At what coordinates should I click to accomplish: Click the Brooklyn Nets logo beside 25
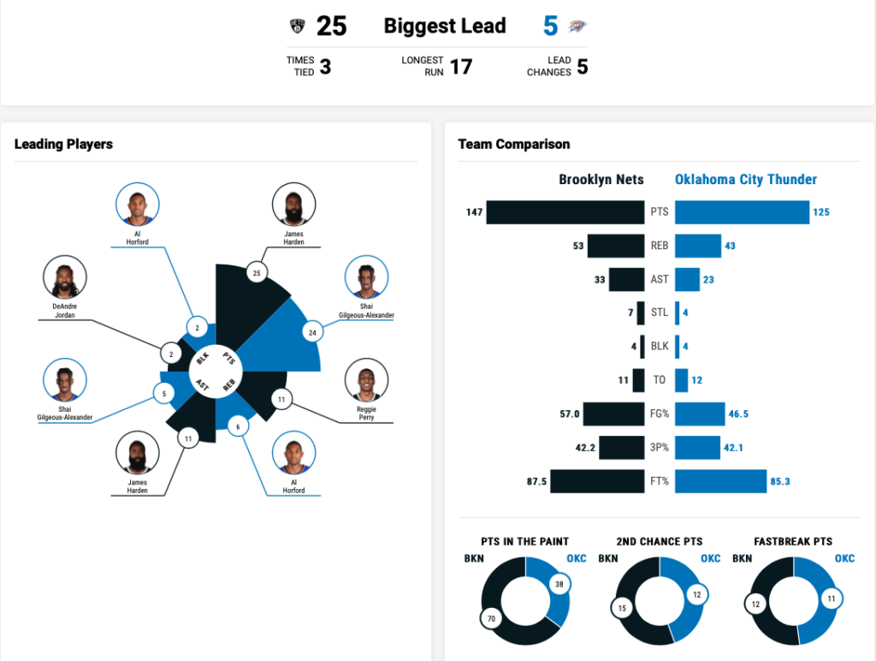tap(298, 27)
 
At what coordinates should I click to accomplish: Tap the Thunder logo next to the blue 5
tap(578, 27)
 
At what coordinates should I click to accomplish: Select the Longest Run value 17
tap(461, 67)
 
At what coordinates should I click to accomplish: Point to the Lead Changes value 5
tap(582, 67)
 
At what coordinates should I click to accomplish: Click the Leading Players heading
tap(63, 144)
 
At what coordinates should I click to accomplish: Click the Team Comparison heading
tap(514, 144)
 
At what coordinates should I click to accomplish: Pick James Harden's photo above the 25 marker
tap(293, 205)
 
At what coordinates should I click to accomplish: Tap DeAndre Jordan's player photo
tap(65, 277)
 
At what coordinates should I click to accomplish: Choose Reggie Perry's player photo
tap(366, 380)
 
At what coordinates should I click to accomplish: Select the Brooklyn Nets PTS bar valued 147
tap(565, 212)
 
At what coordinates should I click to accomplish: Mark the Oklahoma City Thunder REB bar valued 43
tap(698, 246)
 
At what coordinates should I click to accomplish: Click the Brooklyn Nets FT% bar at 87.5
tap(597, 481)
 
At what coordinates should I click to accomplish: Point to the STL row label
tap(660, 313)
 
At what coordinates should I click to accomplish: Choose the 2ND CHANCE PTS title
tap(660, 541)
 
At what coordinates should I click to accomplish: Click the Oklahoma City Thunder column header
tap(746, 179)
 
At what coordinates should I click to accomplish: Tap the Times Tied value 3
tap(325, 67)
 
